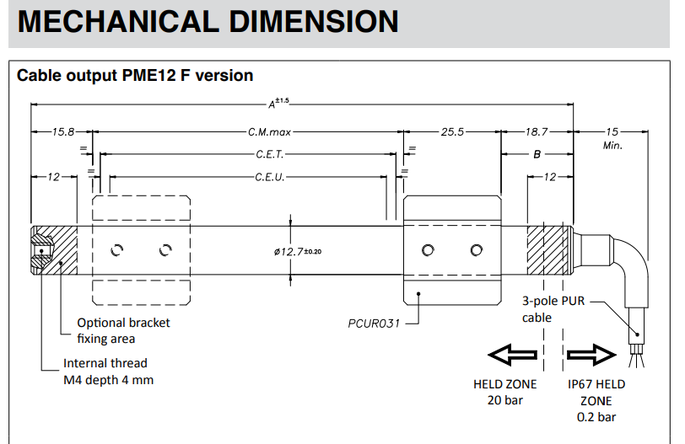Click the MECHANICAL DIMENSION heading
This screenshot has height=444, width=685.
click(208, 21)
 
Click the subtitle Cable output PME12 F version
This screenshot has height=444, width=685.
click(135, 75)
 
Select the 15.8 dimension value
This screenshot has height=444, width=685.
click(63, 132)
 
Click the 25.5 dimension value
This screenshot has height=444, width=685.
click(453, 132)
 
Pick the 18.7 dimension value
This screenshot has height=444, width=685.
click(537, 132)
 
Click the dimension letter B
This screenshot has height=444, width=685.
click(537, 155)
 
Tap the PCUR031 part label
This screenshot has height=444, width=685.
click(372, 323)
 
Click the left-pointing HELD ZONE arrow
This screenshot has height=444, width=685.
click(514, 356)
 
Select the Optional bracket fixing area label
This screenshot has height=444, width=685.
click(123, 330)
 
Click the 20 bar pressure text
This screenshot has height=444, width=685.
click(505, 399)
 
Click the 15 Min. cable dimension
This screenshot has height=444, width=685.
click(612, 138)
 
